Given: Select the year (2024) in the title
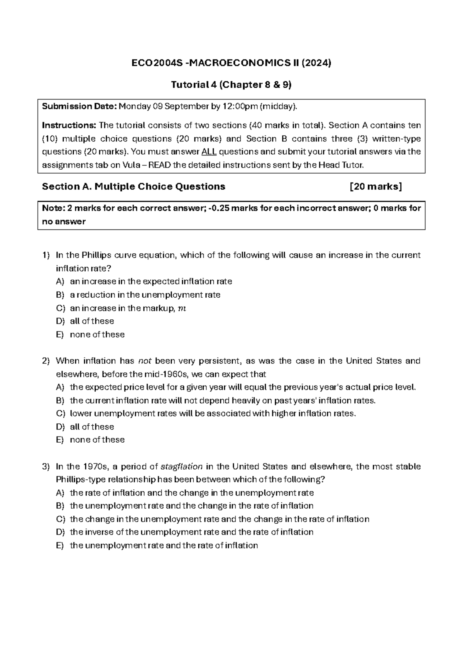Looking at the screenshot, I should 317,63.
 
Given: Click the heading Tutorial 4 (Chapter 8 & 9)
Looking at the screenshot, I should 231,84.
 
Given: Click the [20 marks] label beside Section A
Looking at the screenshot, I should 375,187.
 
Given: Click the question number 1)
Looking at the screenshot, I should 46,255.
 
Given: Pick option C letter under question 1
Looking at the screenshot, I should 60,308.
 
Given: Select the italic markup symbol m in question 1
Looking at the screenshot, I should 182,308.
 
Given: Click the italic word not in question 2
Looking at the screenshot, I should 145,361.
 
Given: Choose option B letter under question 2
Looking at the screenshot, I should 60,401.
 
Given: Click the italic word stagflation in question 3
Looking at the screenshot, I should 181,467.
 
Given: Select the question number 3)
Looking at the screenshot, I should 46,467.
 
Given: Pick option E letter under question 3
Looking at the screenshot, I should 60,546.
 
